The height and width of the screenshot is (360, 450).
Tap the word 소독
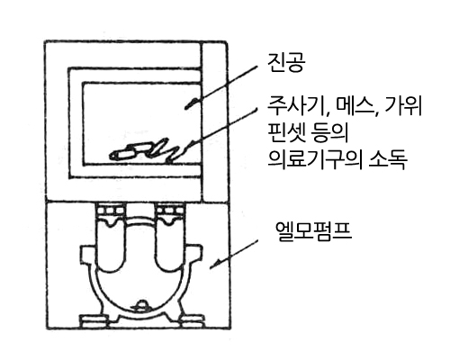tap(388, 158)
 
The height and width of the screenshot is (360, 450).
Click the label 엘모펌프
tap(313, 231)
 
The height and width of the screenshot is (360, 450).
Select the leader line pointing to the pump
tap(233, 254)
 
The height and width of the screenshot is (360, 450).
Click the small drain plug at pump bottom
tap(141, 306)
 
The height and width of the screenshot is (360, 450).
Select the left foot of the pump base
tap(94, 320)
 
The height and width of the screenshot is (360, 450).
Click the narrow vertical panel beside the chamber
tap(214, 121)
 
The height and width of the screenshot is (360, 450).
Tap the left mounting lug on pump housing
tap(88, 256)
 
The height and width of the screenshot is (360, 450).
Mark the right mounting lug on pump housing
tap(195, 255)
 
